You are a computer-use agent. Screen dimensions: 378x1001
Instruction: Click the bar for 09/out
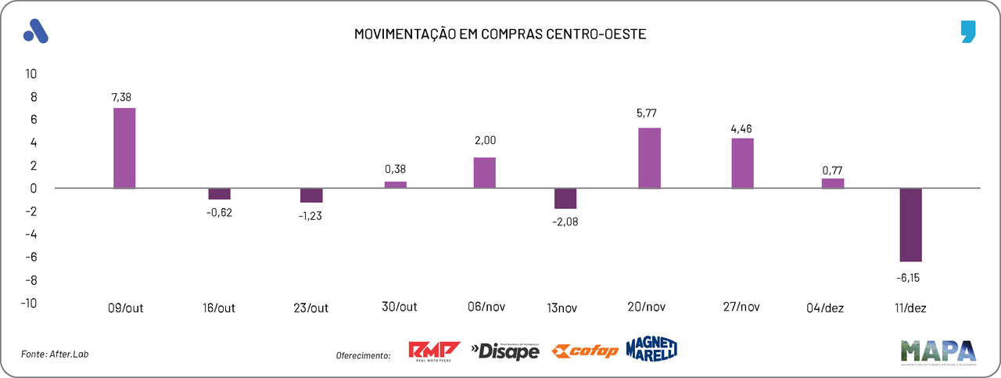click(124, 148)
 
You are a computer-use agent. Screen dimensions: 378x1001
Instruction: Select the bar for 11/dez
click(911, 225)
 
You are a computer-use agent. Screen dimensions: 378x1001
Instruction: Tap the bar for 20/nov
click(650, 157)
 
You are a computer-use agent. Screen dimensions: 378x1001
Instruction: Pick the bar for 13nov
click(565, 199)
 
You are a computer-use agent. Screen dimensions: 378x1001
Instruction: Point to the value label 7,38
click(121, 97)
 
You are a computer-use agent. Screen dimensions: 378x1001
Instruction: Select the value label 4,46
click(741, 128)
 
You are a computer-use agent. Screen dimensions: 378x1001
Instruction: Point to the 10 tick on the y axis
click(31, 74)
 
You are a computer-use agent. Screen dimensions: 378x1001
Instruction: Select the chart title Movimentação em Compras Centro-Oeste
click(500, 34)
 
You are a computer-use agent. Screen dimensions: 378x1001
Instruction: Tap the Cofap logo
click(585, 351)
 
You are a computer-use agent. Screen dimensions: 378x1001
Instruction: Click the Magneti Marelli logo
click(651, 348)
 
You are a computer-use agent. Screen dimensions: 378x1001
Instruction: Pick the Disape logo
click(505, 351)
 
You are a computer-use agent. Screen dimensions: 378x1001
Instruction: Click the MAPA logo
click(938, 351)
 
